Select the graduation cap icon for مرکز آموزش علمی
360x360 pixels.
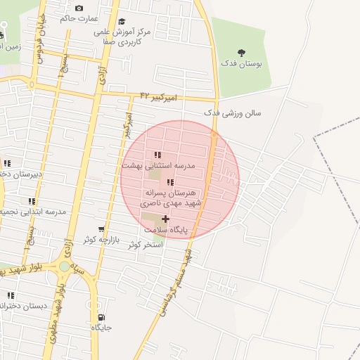122,22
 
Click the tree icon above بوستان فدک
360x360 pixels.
242,52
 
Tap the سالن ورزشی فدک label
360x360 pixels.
232,112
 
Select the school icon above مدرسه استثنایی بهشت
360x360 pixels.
157,155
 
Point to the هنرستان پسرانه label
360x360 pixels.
174,192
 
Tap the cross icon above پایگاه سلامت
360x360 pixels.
165,219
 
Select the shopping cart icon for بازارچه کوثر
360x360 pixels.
103,229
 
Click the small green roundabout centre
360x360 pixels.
65,266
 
